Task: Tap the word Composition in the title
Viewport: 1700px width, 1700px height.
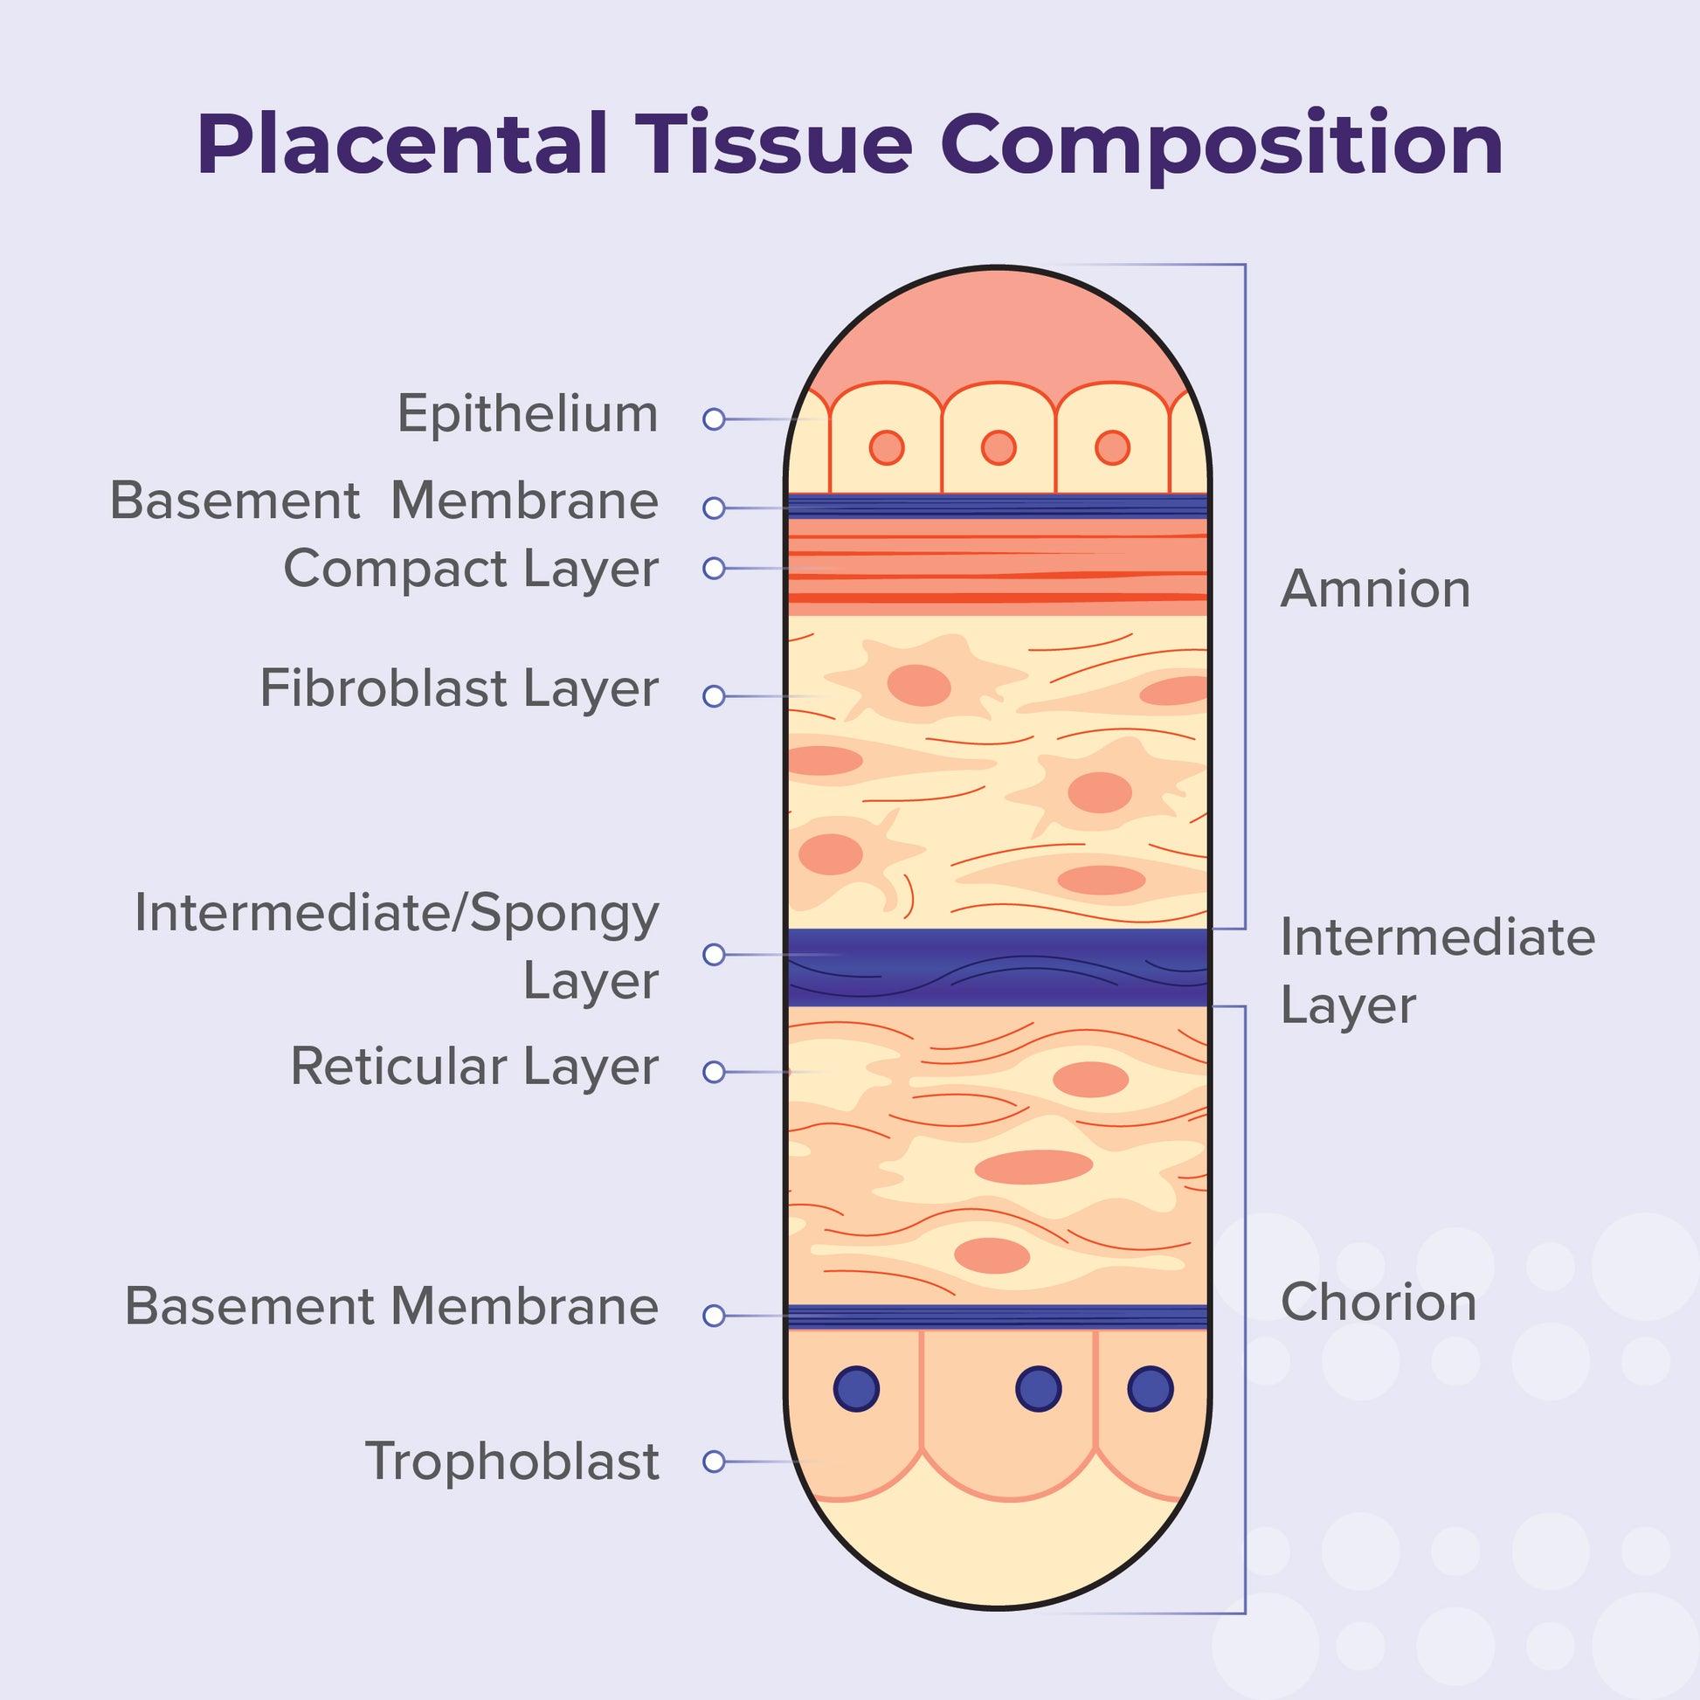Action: click(1221, 146)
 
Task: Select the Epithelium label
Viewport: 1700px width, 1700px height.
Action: click(527, 413)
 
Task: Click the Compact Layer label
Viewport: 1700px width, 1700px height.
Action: click(470, 569)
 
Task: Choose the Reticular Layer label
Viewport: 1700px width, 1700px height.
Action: click(474, 1067)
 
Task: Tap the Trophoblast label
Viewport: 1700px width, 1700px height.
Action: click(511, 1462)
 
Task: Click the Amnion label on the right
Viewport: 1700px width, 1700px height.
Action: click(1375, 589)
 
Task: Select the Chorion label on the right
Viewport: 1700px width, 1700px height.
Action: click(1378, 1302)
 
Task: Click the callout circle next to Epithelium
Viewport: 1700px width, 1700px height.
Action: click(714, 418)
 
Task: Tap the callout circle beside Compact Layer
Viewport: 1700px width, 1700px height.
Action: click(714, 569)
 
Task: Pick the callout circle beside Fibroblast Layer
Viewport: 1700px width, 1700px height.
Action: click(714, 696)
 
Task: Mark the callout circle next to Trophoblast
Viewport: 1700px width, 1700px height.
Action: click(714, 1462)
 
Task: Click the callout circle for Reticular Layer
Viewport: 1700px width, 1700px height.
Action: click(714, 1072)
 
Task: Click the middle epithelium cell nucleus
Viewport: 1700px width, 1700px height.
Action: click(998, 448)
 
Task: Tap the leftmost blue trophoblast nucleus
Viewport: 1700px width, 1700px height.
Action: click(856, 1388)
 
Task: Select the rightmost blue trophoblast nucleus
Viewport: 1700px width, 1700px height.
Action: click(1150, 1388)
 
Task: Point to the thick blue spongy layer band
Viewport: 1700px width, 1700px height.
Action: click(998, 967)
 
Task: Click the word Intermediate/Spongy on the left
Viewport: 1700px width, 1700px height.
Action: click(396, 915)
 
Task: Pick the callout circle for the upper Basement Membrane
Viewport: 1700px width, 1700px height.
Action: click(714, 508)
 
